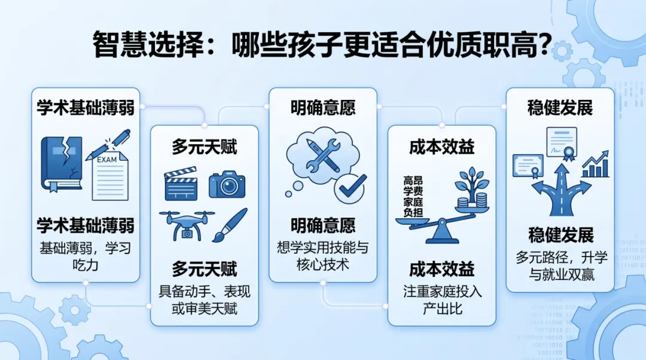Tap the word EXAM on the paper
click(x=107, y=160)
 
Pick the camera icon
click(x=227, y=185)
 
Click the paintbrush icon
click(x=230, y=225)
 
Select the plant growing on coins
click(x=471, y=190)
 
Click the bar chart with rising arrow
click(x=595, y=165)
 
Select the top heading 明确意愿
click(x=323, y=108)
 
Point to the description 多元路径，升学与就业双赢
click(x=560, y=266)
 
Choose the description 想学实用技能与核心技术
click(x=323, y=255)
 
